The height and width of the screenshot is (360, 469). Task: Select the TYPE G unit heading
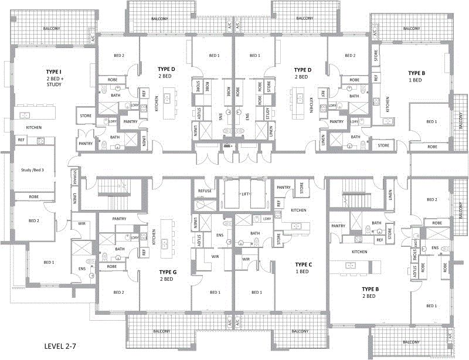[168, 272]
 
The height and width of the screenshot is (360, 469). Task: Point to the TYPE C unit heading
[303, 265]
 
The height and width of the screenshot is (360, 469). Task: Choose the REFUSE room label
[205, 191]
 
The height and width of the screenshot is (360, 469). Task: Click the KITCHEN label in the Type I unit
[33, 127]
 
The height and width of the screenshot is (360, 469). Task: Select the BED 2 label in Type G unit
[119, 292]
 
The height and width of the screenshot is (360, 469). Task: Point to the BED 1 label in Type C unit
[256, 292]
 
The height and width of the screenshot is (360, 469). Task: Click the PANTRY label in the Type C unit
[284, 188]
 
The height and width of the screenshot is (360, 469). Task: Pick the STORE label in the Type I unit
[86, 116]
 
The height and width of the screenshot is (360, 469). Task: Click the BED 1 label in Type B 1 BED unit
[431, 121]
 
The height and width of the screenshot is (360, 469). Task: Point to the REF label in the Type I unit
[21, 140]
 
